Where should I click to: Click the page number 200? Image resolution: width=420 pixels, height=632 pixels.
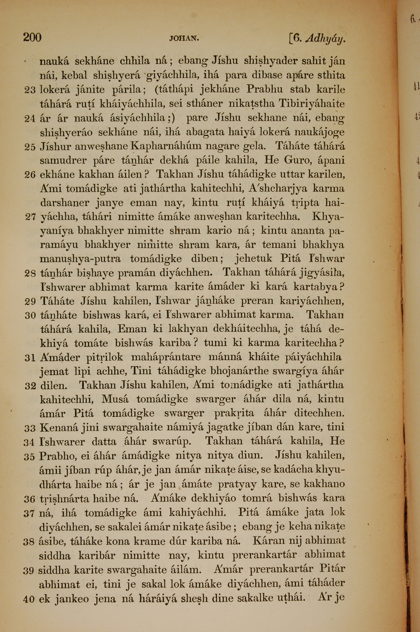32,37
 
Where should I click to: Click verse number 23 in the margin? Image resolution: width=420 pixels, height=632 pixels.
30,90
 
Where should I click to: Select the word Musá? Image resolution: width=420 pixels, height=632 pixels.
115,399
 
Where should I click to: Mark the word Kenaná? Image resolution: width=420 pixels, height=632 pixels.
55,427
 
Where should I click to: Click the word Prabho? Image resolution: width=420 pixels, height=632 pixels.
55,456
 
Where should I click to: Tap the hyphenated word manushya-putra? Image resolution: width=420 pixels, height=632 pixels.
80,259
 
